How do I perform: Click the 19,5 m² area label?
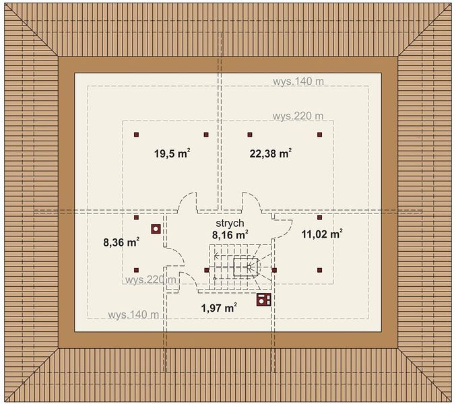click(172, 153)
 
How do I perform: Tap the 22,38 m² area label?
click(271, 153)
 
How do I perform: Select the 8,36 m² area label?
click(121, 242)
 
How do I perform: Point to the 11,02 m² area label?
click(322, 234)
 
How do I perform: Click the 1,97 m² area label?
click(219, 308)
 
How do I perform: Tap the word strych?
click(230, 224)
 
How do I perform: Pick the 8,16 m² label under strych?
click(230, 234)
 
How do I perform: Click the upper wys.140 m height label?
click(298, 81)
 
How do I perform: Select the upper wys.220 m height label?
click(298, 116)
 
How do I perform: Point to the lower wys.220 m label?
click(151, 279)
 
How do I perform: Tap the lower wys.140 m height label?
click(133, 314)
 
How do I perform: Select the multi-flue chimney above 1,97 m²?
click(264, 300)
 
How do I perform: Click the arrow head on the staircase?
click(216, 256)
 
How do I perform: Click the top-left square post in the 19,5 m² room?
click(136, 135)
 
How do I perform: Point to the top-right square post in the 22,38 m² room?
click(320, 135)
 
